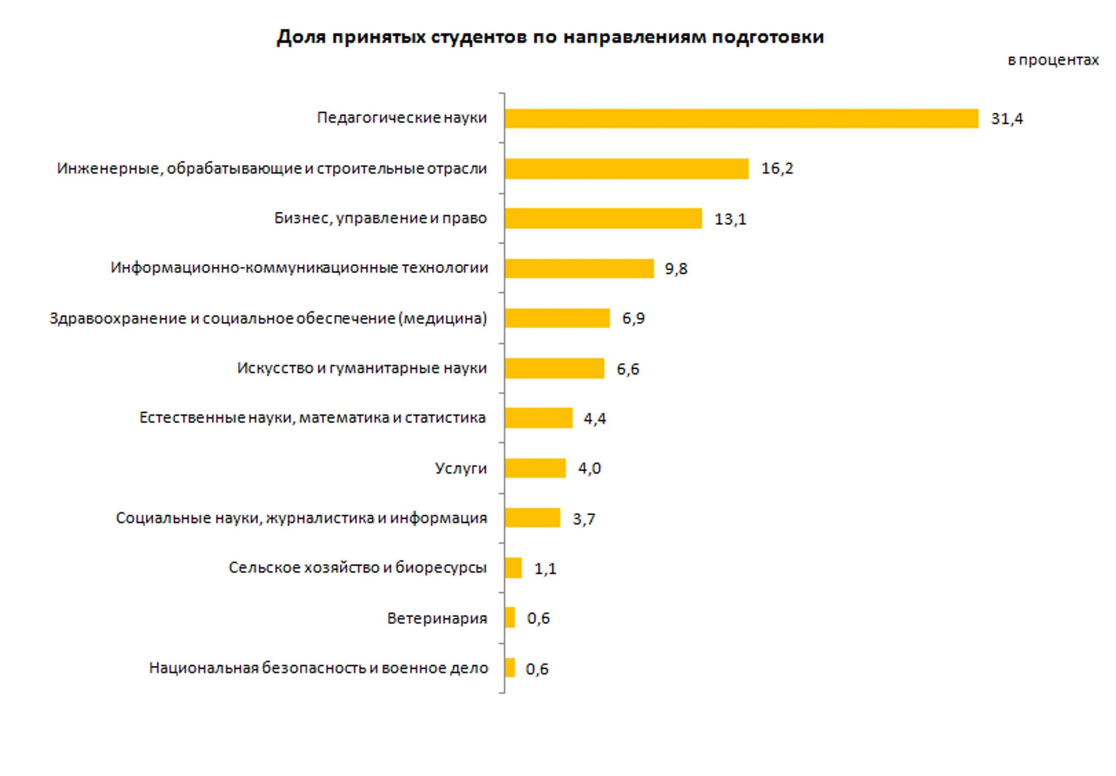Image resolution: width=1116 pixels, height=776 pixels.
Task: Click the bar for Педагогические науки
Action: pyautogui.click(x=741, y=118)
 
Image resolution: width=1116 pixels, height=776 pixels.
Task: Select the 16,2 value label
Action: pyautogui.click(x=777, y=168)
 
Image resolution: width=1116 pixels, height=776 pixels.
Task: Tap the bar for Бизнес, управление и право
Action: pyautogui.click(x=603, y=219)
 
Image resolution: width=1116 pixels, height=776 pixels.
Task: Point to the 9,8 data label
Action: pyautogui.click(x=675, y=269)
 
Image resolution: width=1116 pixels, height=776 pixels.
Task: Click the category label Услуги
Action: pyautogui.click(x=460, y=469)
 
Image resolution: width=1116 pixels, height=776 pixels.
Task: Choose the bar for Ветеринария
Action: pyautogui.click(x=509, y=617)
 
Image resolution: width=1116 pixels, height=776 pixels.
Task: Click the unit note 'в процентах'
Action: pyautogui.click(x=1052, y=60)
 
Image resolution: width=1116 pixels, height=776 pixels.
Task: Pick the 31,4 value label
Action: pyautogui.click(x=1006, y=119)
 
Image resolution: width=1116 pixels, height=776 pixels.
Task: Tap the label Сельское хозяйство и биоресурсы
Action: pyautogui.click(x=358, y=568)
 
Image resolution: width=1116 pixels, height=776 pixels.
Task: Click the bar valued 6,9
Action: pyautogui.click(x=557, y=318)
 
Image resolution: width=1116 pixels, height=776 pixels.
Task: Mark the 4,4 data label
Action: pyautogui.click(x=594, y=418)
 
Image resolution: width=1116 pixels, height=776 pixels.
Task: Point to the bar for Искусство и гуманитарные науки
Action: pyautogui.click(x=554, y=368)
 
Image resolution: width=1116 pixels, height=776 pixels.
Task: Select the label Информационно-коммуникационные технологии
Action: pyautogui.click(x=299, y=268)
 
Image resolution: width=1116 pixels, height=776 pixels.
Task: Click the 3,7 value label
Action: pyautogui.click(x=583, y=519)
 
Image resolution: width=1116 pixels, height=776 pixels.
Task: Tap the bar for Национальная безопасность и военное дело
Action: pyautogui.click(x=509, y=668)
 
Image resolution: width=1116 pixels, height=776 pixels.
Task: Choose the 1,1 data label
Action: pyautogui.click(x=545, y=569)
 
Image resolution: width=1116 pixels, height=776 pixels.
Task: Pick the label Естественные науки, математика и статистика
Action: pyautogui.click(x=312, y=417)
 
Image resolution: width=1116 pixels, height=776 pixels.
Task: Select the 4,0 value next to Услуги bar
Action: pyautogui.click(x=589, y=469)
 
